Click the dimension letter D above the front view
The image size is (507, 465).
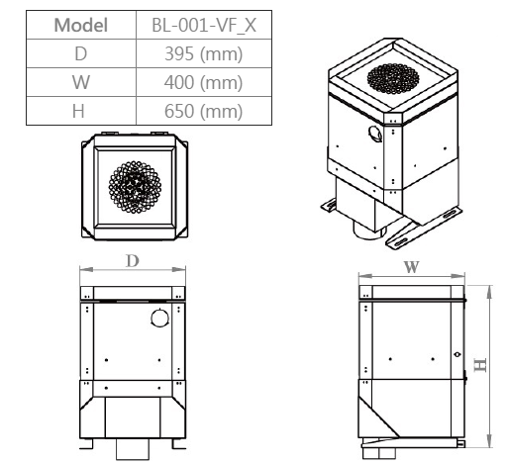[x=133, y=260]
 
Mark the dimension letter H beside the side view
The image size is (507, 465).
[x=480, y=364]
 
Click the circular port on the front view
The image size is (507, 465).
[x=159, y=318]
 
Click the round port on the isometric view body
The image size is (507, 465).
[x=373, y=134]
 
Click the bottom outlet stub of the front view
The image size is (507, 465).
[x=131, y=450]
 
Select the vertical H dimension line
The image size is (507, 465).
[x=491, y=364]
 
